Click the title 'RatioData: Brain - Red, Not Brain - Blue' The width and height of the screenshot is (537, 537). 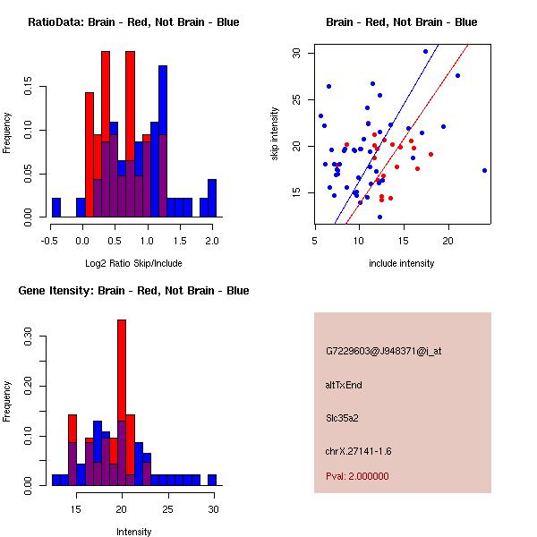(133, 22)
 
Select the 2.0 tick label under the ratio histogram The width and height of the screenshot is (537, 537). (212, 240)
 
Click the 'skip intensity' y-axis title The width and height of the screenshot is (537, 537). (275, 134)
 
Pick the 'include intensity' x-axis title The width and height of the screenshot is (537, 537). (402, 263)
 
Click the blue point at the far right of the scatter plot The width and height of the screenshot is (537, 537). (484, 170)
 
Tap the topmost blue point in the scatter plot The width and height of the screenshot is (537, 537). (425, 51)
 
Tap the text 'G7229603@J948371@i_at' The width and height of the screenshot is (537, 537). (384, 351)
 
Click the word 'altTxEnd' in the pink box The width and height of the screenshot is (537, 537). (344, 385)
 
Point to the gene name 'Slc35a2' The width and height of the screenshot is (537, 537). (342, 417)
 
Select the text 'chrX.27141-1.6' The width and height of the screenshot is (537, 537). (358, 450)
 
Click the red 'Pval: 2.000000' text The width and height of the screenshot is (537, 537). (357, 476)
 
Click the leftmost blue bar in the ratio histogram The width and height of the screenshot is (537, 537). (56, 208)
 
